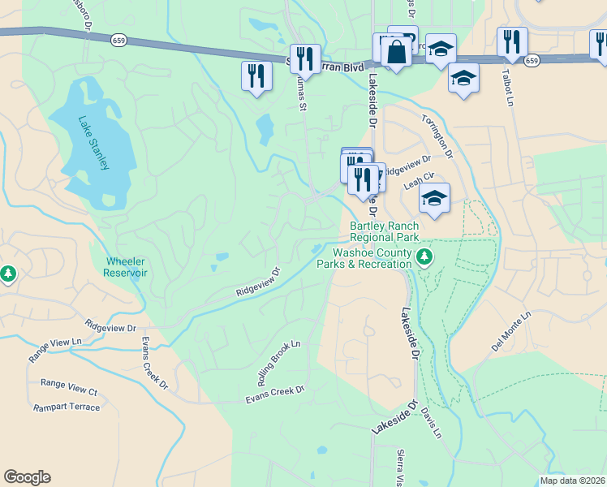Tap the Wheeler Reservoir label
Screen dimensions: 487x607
point(126,267)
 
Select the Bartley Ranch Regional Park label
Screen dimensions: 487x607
point(384,231)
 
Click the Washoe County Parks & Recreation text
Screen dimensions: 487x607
point(363,258)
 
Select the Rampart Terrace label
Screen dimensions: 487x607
point(67,407)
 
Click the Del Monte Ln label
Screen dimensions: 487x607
point(510,331)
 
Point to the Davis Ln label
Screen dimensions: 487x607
point(432,423)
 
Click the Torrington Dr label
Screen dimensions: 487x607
point(435,133)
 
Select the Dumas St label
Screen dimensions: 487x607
point(301,92)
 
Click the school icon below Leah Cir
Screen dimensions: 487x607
point(435,199)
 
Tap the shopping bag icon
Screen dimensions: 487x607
point(396,52)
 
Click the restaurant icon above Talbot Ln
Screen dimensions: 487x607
point(512,41)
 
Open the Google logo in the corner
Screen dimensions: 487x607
point(27,477)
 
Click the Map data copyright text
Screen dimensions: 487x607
point(573,481)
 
